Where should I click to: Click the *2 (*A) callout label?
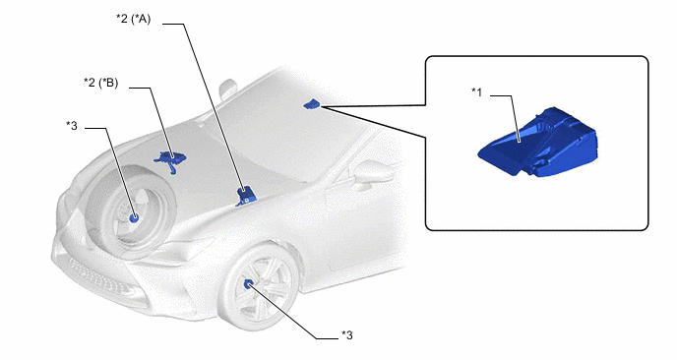click(x=134, y=19)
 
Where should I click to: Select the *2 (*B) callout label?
click(x=101, y=83)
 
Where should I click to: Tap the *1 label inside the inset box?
click(x=476, y=91)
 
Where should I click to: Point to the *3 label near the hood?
click(x=72, y=126)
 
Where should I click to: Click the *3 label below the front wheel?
click(x=346, y=335)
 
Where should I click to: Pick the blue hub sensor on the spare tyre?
click(x=134, y=218)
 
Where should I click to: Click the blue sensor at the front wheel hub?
click(x=249, y=284)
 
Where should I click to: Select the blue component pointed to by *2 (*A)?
click(x=247, y=196)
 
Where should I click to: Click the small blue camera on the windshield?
click(x=311, y=104)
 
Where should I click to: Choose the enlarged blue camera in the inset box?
click(x=538, y=143)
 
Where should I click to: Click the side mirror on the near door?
click(x=372, y=172)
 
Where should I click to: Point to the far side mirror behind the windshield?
click(x=227, y=89)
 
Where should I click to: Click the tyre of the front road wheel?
click(x=259, y=288)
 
